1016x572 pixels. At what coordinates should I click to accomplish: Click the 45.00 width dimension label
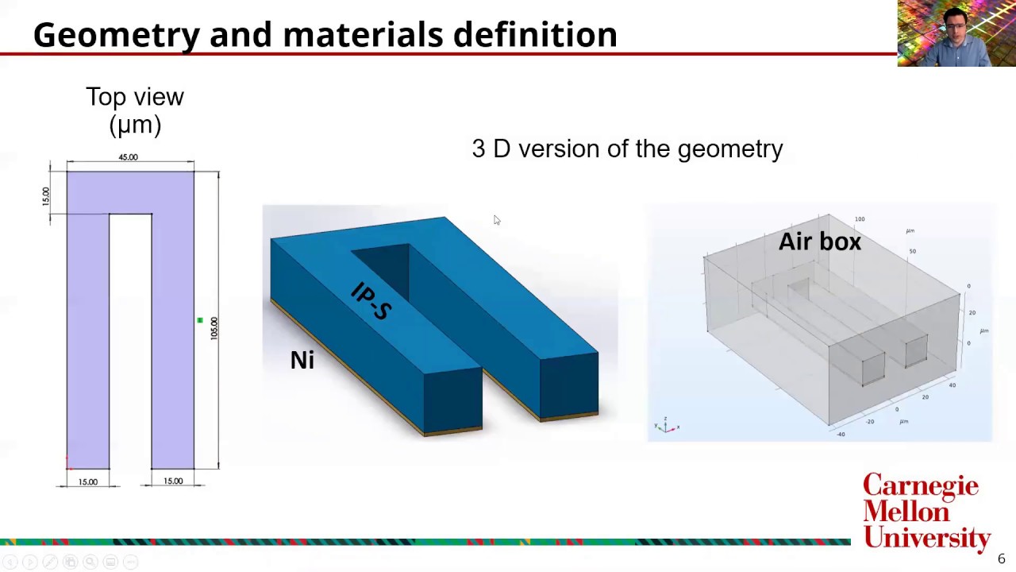[128, 157]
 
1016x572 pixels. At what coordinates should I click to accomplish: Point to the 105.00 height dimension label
[214, 328]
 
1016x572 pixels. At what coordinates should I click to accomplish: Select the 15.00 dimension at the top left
[45, 196]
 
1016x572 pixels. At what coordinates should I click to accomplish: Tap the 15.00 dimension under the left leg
[87, 481]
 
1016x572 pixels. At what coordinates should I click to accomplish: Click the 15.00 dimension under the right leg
[173, 481]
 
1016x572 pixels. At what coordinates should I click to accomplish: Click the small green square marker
[200, 320]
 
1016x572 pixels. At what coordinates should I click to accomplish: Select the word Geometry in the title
[117, 35]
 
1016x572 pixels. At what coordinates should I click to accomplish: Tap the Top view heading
[135, 97]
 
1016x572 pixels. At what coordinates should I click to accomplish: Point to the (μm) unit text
[135, 125]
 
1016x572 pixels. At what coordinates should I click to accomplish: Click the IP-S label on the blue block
[371, 301]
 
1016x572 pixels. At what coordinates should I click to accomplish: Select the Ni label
[302, 360]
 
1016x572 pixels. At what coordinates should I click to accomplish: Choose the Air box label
[819, 242]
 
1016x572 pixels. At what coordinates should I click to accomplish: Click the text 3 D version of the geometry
[627, 149]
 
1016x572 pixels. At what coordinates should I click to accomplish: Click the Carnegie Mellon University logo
[926, 511]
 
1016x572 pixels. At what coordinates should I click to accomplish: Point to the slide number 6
[1001, 559]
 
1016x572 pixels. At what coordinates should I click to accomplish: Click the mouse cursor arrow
[496, 220]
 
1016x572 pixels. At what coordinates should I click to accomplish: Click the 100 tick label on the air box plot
[860, 219]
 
